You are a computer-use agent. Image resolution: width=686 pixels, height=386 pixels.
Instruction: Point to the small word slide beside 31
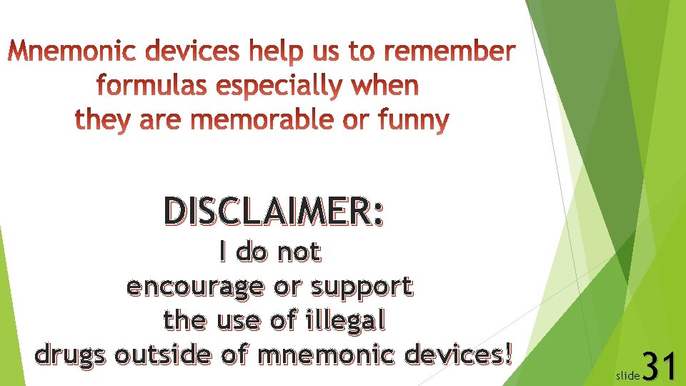click(x=628, y=375)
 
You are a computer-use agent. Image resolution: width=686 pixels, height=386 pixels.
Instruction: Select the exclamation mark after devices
click(x=508, y=352)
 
